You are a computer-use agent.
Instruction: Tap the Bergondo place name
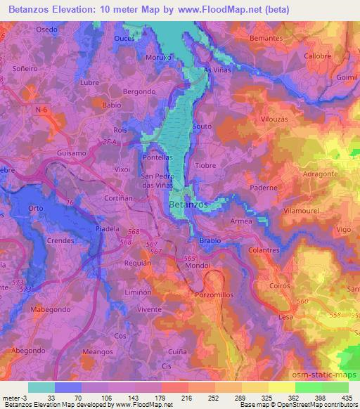coord(139,92)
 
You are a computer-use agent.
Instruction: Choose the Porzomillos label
coord(214,295)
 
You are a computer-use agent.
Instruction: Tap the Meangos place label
coord(98,351)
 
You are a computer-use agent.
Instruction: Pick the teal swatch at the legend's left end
coord(41,387)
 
